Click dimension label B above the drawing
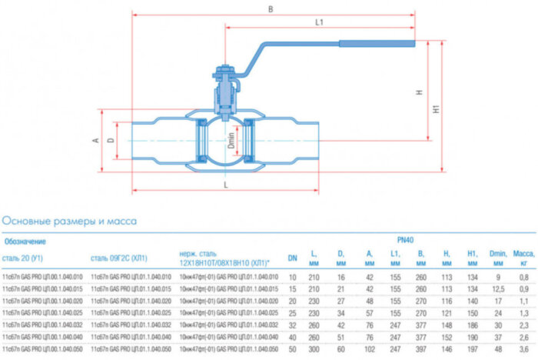[x=271, y=9]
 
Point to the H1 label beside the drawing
[x=437, y=109]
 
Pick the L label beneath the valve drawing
[x=223, y=186]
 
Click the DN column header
[x=292, y=258]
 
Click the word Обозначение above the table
[x=25, y=241]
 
